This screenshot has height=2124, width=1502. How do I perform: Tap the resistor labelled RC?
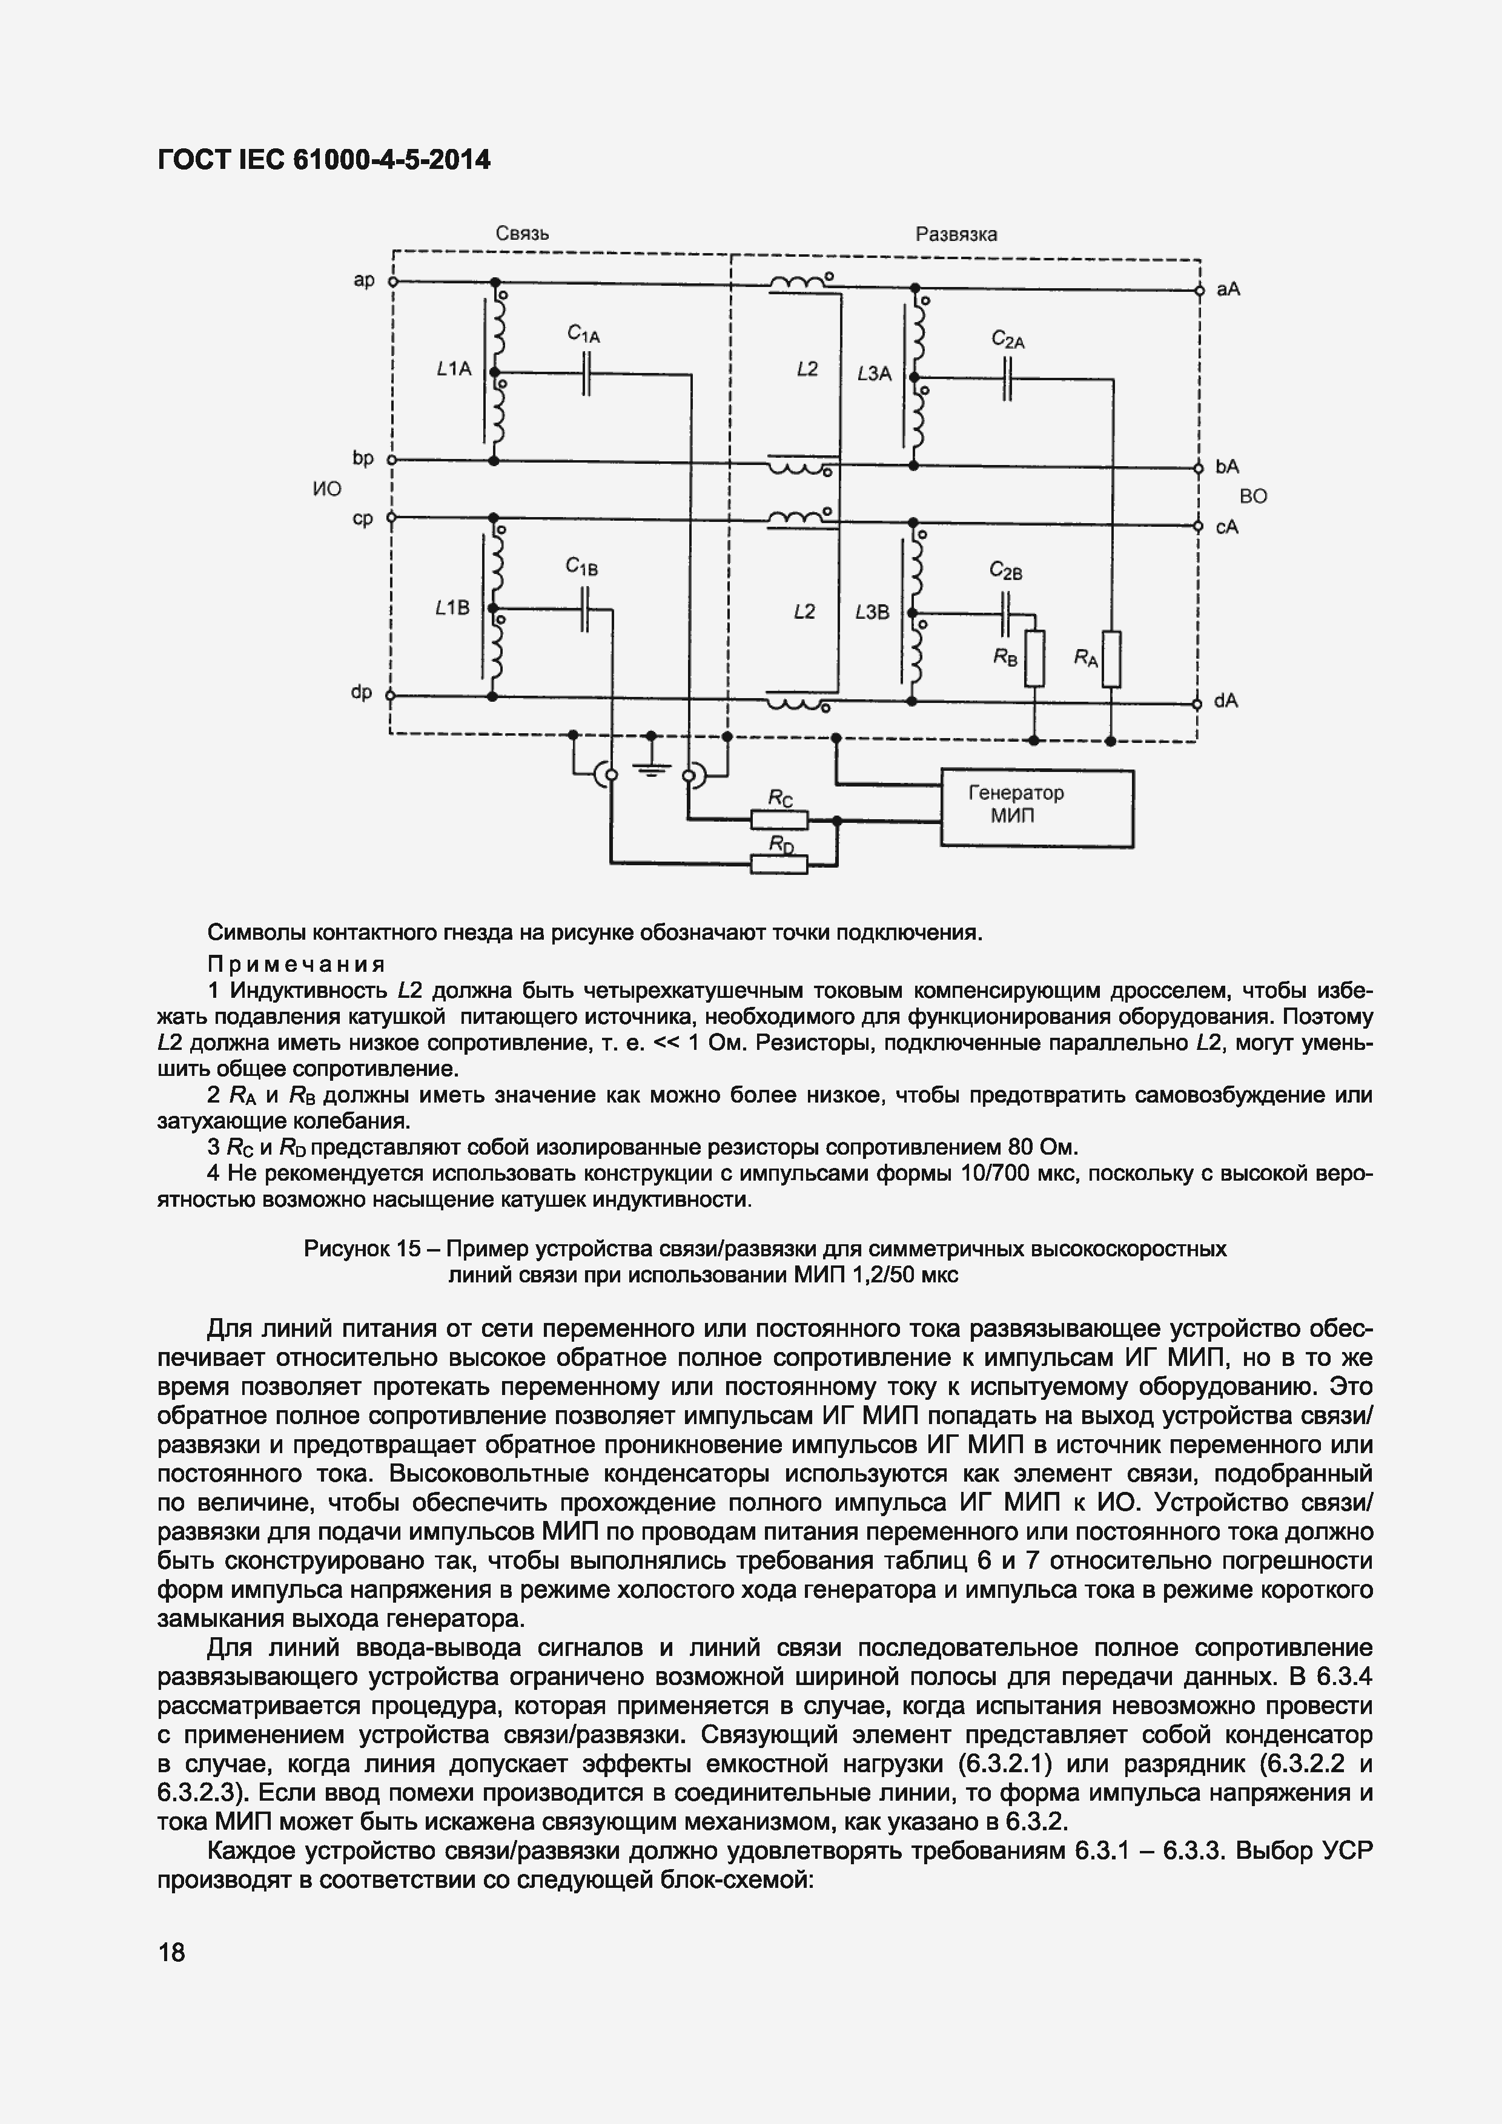tap(779, 820)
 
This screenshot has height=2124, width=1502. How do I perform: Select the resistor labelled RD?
tap(779, 864)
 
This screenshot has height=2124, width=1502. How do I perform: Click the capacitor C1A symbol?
tap(586, 374)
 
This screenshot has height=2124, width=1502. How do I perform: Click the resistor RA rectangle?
tap(1111, 659)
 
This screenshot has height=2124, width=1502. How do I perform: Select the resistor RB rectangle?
tap(1034, 659)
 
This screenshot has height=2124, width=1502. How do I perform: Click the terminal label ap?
tap(364, 279)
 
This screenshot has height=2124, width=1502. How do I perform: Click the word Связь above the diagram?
tap(522, 233)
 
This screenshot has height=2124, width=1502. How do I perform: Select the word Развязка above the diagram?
tap(956, 234)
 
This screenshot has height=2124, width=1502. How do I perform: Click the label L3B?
tap(872, 612)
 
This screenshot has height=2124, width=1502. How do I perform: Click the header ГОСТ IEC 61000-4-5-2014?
tap(324, 160)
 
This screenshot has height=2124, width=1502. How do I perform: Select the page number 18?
tap(171, 1953)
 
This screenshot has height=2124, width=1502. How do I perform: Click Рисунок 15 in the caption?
tap(362, 1249)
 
